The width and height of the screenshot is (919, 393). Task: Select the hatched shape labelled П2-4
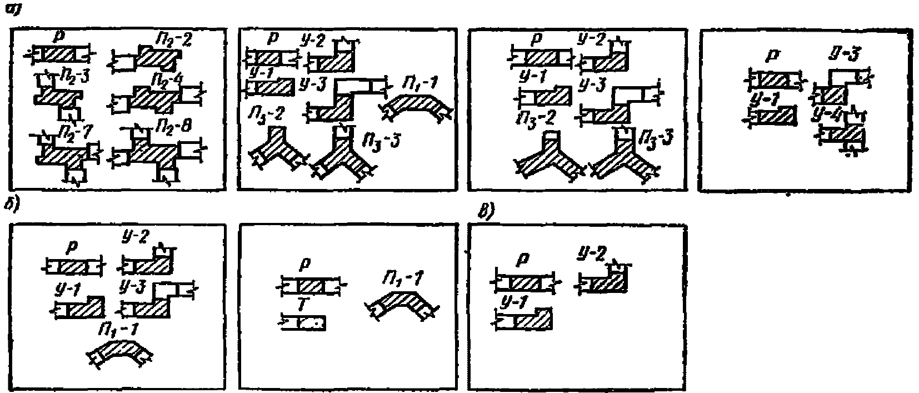[153, 100]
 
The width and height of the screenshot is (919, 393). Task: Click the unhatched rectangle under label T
[303, 322]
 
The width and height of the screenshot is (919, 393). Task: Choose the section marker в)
[483, 211]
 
